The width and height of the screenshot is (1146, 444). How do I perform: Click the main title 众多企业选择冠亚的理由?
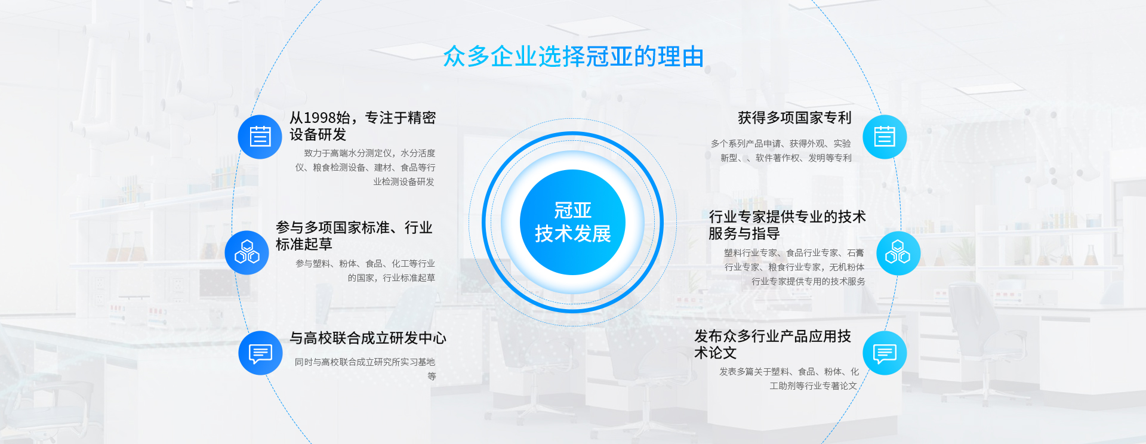coord(573,57)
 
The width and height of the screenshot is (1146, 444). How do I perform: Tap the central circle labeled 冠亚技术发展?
coord(572,222)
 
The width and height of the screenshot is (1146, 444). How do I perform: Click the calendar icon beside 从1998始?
coord(260,137)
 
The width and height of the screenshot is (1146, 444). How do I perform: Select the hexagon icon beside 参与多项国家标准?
coord(247,252)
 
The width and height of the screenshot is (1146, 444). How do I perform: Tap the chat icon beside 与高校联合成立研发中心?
coord(260,353)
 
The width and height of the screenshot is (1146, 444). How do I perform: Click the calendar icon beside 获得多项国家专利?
coord(885,137)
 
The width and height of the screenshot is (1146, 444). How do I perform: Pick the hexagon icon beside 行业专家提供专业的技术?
coord(898,253)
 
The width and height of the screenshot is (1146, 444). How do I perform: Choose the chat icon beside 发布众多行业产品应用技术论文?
coord(885,353)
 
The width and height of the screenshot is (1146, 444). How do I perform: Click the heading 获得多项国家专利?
coord(794,118)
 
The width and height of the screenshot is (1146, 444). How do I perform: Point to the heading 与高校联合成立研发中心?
coord(368,338)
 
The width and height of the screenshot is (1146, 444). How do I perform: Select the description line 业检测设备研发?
coord(404,182)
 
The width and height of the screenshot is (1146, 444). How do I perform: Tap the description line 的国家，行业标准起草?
coord(392,278)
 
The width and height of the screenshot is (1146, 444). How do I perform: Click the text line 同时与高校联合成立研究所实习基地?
coord(365,362)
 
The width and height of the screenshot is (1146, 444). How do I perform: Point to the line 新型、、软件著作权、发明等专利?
coord(786,158)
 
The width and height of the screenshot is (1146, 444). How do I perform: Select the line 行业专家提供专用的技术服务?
coord(808,282)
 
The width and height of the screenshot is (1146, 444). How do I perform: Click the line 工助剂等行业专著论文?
coord(813,386)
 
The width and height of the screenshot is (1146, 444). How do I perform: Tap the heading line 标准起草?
coord(304,244)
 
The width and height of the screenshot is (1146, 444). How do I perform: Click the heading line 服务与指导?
coord(744,233)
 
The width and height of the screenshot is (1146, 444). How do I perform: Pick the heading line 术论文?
coord(716,353)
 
